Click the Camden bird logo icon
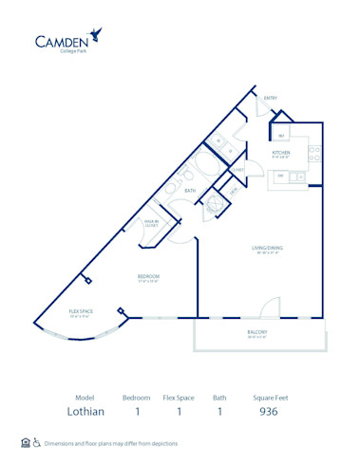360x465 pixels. [95, 37]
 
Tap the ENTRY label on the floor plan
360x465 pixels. [271, 98]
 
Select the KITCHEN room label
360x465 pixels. [281, 151]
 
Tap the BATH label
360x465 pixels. [190, 191]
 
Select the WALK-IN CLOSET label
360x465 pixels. [150, 222]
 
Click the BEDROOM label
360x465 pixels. [144, 277]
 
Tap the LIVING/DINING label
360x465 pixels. [268, 249]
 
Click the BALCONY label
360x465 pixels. [258, 333]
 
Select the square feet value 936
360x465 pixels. [268, 413]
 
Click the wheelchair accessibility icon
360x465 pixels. [36, 442]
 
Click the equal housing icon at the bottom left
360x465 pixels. [25, 442]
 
